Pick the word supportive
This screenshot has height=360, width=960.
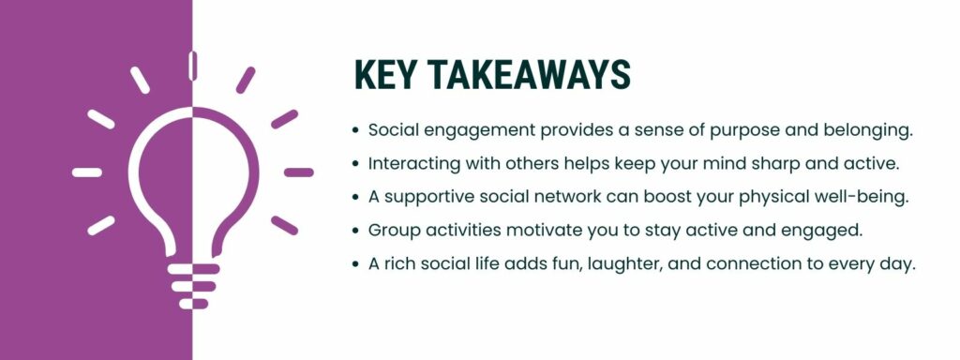point(426,197)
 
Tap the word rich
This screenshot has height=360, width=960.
point(401,264)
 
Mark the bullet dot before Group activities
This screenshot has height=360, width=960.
point(354,231)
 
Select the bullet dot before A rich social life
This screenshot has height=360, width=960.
point(354,264)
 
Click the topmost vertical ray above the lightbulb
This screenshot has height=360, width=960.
point(193,67)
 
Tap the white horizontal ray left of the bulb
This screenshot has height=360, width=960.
point(87,172)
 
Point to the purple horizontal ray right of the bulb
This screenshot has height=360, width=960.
point(299,172)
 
